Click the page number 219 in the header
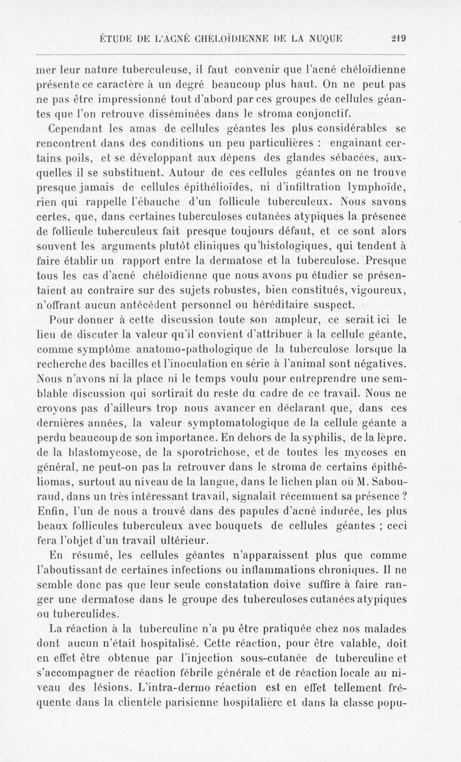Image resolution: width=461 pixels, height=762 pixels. point(399,39)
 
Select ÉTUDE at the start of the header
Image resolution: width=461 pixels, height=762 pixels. point(118,39)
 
